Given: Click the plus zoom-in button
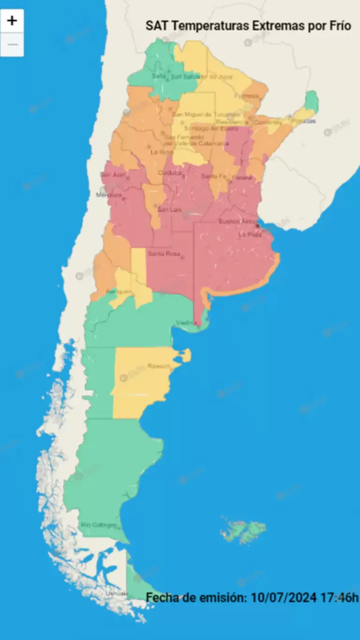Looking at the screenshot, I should pos(12,21).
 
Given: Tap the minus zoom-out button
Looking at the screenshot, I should pos(12,45).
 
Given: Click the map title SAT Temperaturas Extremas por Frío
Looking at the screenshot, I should pos(248,25).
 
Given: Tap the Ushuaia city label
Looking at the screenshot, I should pos(116,593).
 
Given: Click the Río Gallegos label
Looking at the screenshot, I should pos(99,525).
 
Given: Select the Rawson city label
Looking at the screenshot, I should pos(158,366).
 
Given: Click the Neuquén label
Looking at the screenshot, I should pos(117,292).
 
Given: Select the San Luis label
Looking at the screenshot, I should pos(169,210).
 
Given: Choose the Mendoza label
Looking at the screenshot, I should pos(109,194).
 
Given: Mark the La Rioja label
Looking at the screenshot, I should pos(159,152).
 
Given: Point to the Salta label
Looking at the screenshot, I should pos(159,76).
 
